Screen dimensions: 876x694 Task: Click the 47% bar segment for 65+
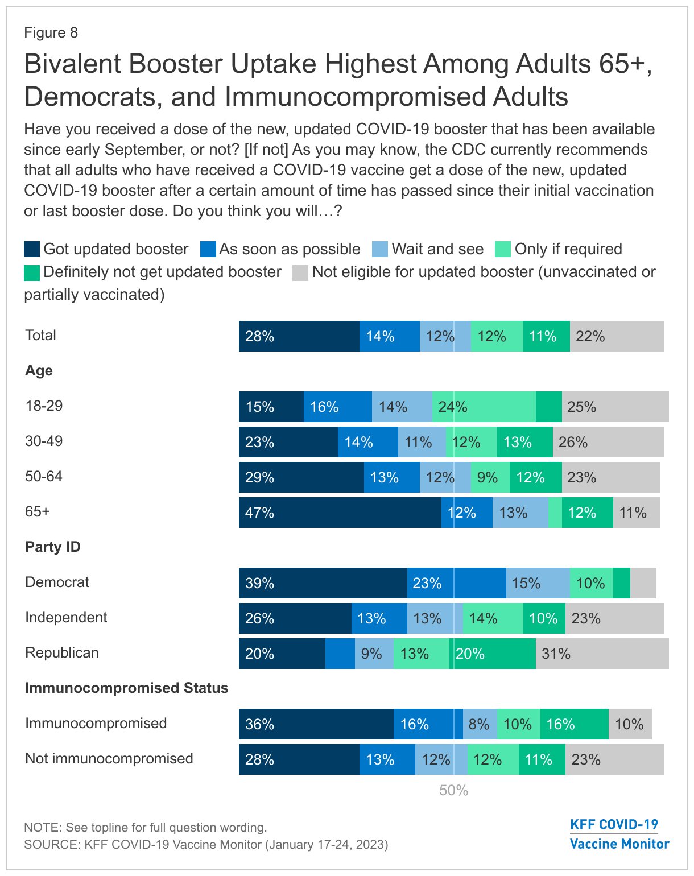(340, 513)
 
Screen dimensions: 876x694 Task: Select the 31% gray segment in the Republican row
(602, 654)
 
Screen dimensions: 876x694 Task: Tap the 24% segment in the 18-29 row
(484, 407)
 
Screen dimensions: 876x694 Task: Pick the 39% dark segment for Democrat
(323, 583)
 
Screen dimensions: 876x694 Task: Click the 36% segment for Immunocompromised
(316, 724)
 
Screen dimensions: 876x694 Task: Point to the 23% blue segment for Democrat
(456, 583)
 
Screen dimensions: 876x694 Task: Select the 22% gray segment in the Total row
(617, 336)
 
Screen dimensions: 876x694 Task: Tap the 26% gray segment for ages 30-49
(608, 442)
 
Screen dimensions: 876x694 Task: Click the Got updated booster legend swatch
(32, 249)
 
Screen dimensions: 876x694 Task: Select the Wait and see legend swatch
(380, 249)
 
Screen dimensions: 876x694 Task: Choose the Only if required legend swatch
(503, 249)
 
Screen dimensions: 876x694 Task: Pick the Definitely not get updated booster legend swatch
(32, 272)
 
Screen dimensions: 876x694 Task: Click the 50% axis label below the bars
(453, 791)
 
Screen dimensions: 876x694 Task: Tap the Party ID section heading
(53, 547)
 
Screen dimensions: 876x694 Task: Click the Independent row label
(66, 618)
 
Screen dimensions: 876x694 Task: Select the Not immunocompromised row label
(109, 759)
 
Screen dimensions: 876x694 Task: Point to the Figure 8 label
(51, 33)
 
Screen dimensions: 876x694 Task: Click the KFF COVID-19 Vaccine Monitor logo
(619, 834)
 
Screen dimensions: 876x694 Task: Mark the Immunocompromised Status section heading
(126, 688)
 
